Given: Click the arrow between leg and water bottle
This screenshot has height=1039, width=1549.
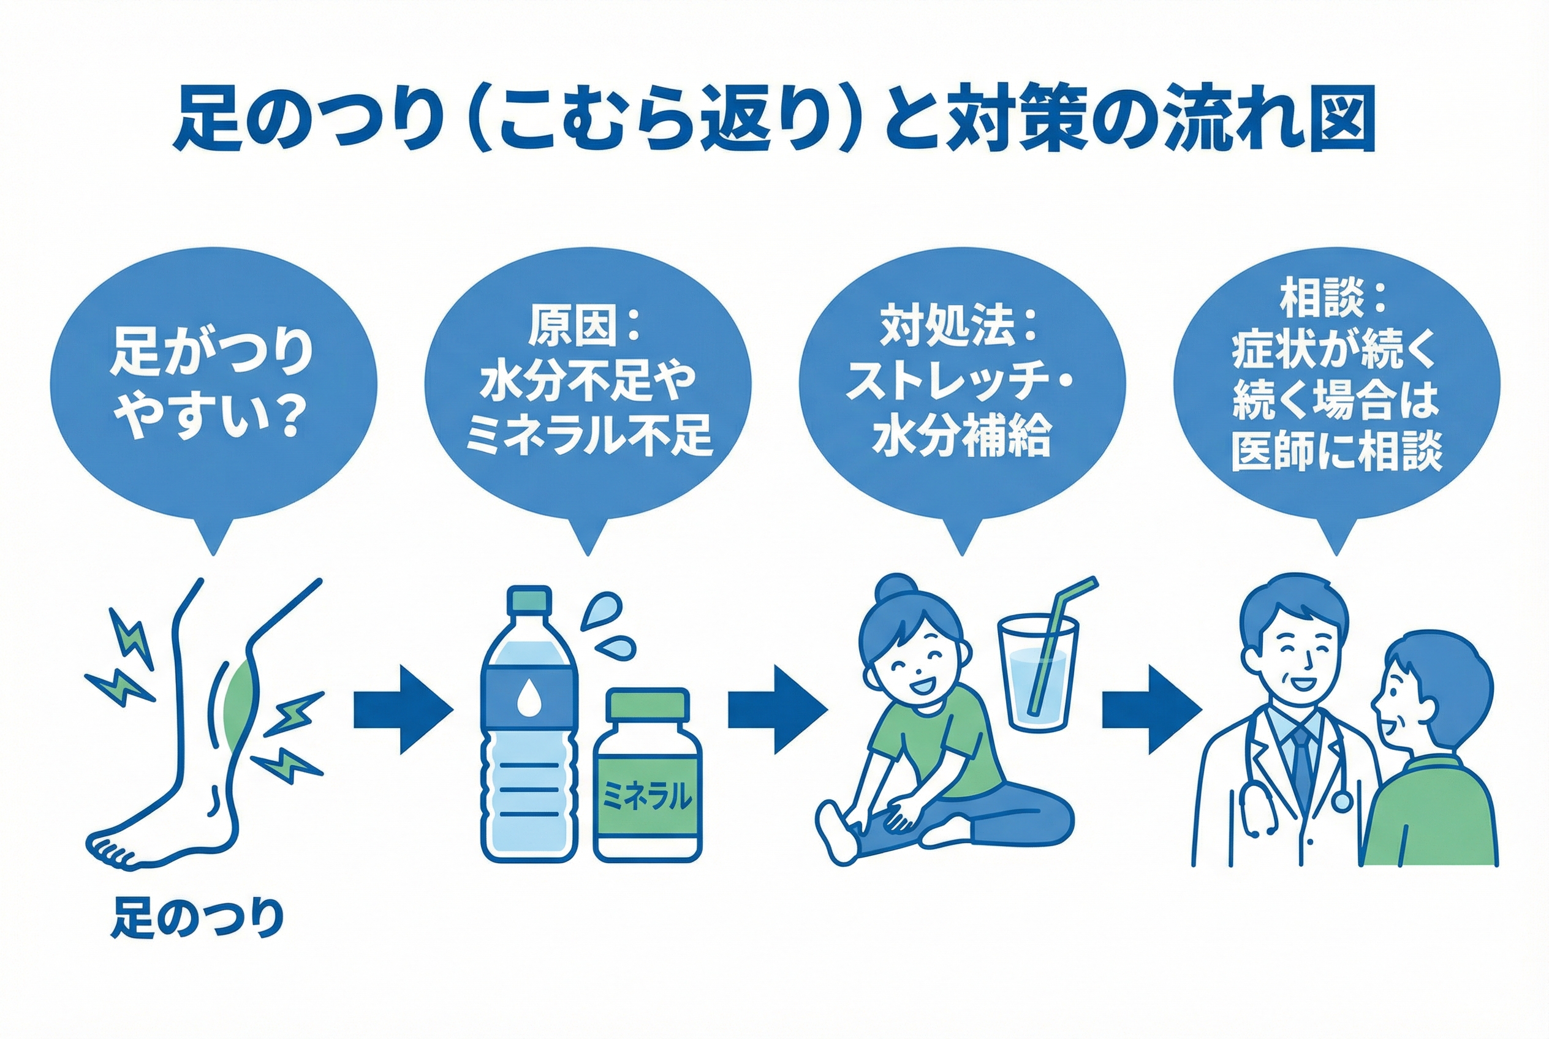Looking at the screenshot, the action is pyautogui.click(x=403, y=709).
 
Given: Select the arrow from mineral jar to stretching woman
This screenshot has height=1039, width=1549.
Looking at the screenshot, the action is pyautogui.click(x=778, y=709).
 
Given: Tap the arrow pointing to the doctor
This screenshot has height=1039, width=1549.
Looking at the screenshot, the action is pyautogui.click(x=1152, y=709).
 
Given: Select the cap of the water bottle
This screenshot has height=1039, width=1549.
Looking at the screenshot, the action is pyautogui.click(x=529, y=600).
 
